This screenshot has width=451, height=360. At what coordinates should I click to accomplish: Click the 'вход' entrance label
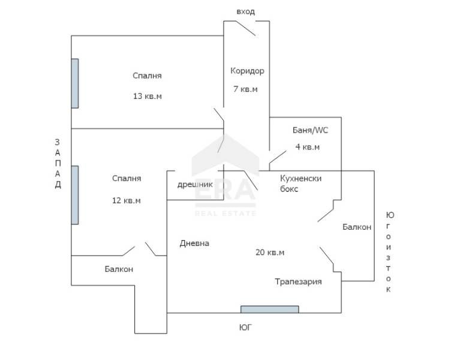tap(245, 11)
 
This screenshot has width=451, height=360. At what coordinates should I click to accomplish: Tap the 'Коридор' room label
tap(247, 71)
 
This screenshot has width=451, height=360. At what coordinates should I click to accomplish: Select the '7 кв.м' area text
tap(245, 89)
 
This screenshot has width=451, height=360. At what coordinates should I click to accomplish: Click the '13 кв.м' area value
tap(148, 96)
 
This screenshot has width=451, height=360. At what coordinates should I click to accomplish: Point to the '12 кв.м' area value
tap(127, 200)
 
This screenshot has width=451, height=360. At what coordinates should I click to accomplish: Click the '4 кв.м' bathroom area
tap(307, 147)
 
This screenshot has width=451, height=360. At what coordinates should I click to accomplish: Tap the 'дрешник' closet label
tap(195, 184)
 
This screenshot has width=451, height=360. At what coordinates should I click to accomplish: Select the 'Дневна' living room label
tap(194, 243)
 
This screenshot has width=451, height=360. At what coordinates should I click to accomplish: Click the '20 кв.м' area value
tap(269, 253)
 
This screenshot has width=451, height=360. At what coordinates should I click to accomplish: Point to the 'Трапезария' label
tap(298, 281)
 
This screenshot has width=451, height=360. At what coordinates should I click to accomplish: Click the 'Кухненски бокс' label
tap(301, 184)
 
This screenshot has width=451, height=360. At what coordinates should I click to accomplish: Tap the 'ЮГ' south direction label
tap(245, 328)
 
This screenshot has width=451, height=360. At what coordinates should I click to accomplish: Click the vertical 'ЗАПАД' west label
tap(58, 164)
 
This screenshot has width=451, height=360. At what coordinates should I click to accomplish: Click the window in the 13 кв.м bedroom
tap(74, 83)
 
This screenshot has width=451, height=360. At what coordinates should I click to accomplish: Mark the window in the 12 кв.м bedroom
tap(74, 194)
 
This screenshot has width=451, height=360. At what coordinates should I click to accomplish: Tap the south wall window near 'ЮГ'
tap(269, 310)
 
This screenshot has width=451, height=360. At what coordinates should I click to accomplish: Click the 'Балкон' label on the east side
tap(357, 227)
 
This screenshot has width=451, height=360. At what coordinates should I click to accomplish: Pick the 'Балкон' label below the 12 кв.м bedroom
tap(119, 269)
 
